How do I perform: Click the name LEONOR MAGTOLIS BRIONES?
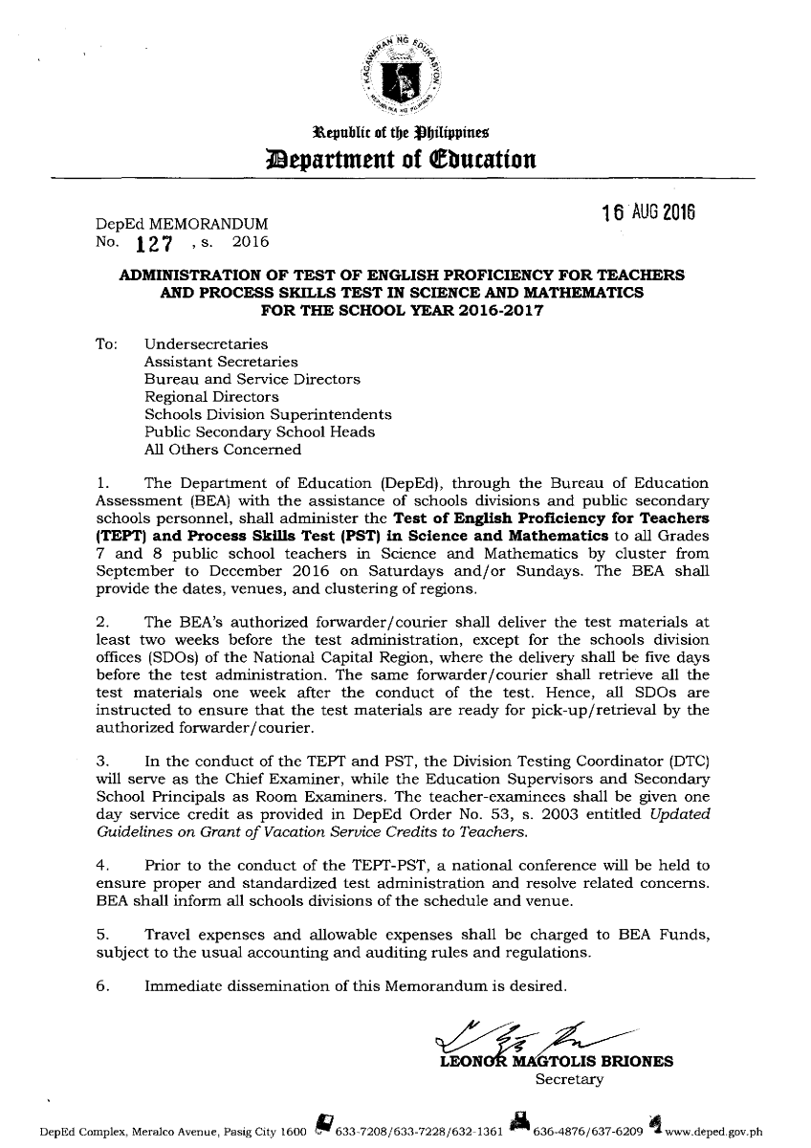[x=555, y=1062]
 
